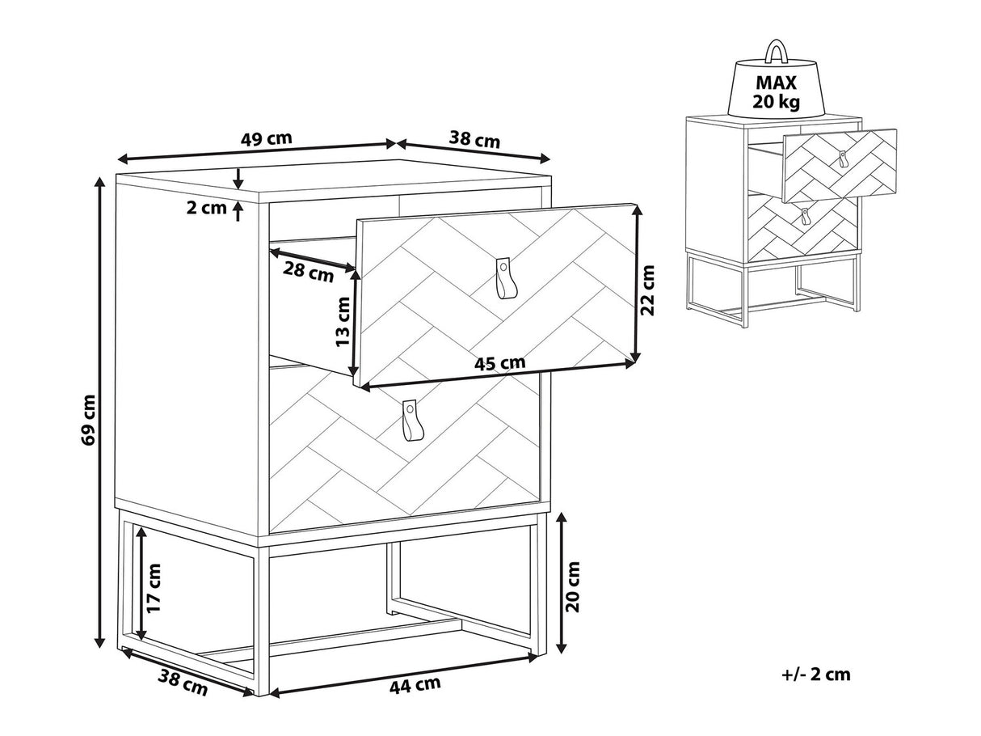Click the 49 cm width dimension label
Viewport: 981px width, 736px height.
pos(267,138)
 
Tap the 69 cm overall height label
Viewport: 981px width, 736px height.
pos(89,420)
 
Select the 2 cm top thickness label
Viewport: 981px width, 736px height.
pos(206,208)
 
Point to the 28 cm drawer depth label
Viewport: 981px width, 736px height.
pos(309,273)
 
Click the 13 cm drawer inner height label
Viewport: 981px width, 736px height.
pos(343,322)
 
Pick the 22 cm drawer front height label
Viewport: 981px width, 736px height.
pos(646,290)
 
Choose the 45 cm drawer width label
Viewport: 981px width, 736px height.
pos(499,363)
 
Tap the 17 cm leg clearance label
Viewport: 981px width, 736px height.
pos(153,589)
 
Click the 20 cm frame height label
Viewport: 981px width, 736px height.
pos(572,586)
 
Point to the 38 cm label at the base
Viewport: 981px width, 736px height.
pos(183,683)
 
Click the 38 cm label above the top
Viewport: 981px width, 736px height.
pos(474,139)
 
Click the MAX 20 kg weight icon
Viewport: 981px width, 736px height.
pos(777,85)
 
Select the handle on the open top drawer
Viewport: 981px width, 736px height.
pos(503,277)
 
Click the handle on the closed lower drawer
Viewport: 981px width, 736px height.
pos(409,419)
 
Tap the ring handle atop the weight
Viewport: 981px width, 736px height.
pos(777,53)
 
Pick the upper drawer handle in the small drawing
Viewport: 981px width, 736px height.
pos(843,159)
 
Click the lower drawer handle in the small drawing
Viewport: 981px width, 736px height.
pos(805,217)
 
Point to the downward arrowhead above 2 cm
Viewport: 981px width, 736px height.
pos(238,183)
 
